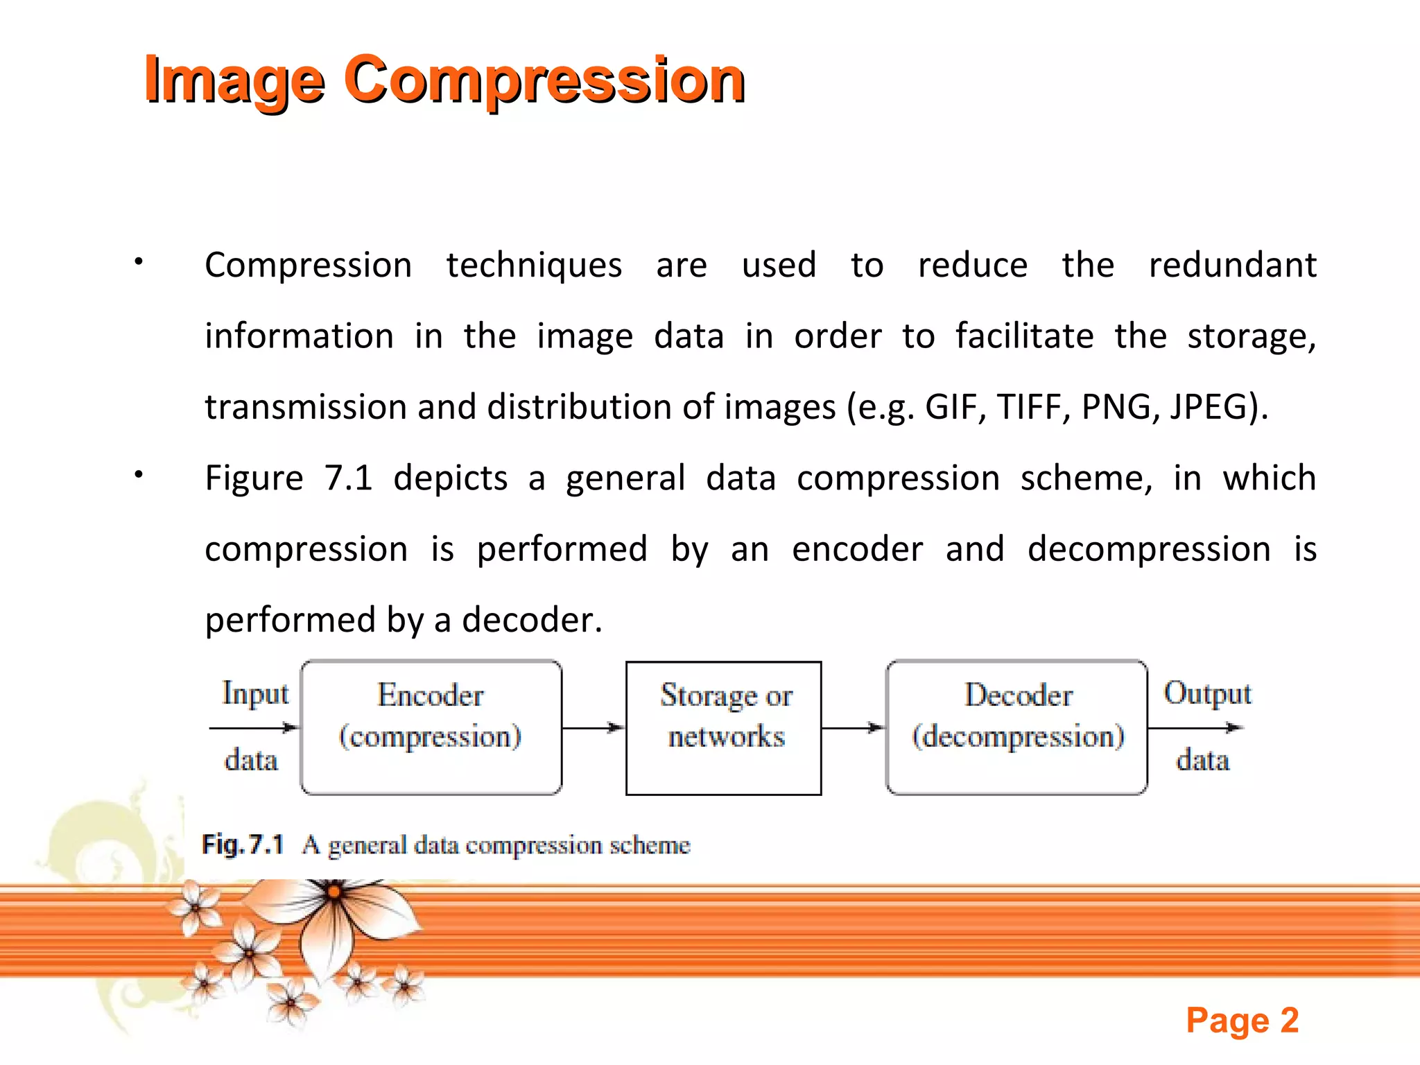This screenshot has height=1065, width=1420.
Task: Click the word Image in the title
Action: point(234,80)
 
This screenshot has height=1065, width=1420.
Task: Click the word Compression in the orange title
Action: point(544,80)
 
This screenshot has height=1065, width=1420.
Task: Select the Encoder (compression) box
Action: point(431,727)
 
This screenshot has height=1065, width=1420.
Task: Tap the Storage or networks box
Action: point(723,727)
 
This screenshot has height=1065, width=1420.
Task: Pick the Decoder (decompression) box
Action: point(1016,727)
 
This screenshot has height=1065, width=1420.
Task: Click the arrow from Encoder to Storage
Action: point(594,728)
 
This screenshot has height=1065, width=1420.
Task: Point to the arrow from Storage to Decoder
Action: point(854,728)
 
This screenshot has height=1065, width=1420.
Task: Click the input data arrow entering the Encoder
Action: point(254,728)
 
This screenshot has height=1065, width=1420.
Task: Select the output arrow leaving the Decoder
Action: point(1195,728)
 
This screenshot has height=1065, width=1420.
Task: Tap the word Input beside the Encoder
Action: point(255,693)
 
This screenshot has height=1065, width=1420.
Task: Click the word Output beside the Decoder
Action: point(1207,693)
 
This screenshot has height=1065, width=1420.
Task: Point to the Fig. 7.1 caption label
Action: point(243,845)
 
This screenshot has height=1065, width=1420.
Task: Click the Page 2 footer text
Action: point(1242,1021)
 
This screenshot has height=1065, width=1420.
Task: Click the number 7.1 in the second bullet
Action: point(348,478)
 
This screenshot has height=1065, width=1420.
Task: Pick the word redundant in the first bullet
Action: point(1232,265)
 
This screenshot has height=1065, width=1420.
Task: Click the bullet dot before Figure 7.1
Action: point(139,475)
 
